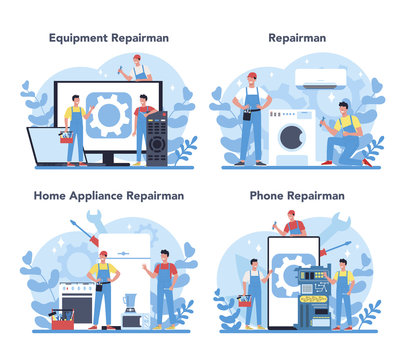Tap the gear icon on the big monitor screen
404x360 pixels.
[110, 113]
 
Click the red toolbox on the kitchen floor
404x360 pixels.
[62, 322]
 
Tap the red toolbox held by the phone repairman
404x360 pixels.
[245, 299]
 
